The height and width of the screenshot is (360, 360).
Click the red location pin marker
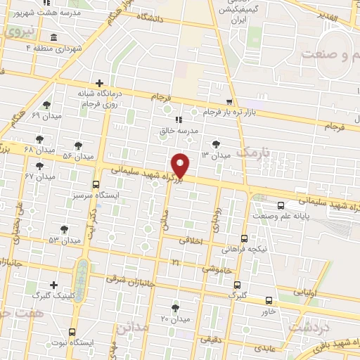click(181, 165)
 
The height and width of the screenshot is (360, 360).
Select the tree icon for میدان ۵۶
click(77, 146)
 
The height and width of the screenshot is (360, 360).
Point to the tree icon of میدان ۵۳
click(64, 229)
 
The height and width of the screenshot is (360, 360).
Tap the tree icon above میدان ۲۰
click(175, 308)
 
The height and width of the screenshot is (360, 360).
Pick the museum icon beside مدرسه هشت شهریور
click(54, 37)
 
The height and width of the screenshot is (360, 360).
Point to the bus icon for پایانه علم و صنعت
click(281, 206)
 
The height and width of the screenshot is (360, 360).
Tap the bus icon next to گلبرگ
click(237, 285)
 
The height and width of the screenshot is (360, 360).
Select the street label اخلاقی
click(190, 240)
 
